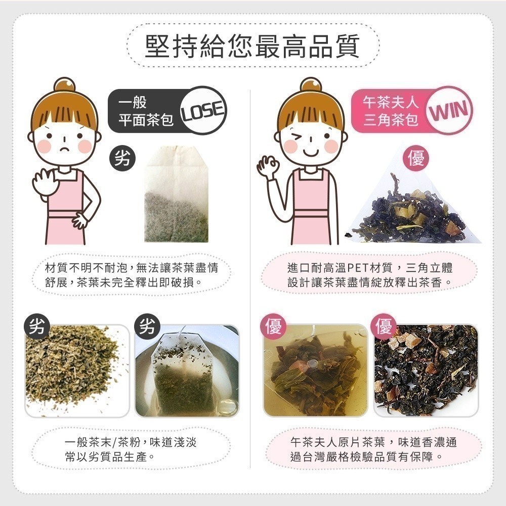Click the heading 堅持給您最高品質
tap(252, 46)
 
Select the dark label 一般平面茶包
tap(146, 111)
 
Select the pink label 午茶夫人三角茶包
tap(391, 111)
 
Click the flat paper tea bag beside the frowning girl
tap(176, 194)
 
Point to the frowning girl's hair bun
tap(65, 85)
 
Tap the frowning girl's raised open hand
tap(45, 182)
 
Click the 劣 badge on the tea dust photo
tap(37, 326)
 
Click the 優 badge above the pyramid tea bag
tap(416, 158)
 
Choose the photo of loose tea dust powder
tap(77, 371)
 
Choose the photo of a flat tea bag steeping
tap(187, 371)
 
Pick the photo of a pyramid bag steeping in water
tap(316, 371)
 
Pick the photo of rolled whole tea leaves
tap(426, 371)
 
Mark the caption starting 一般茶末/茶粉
tap(131, 449)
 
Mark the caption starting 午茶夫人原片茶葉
tap(374, 449)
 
